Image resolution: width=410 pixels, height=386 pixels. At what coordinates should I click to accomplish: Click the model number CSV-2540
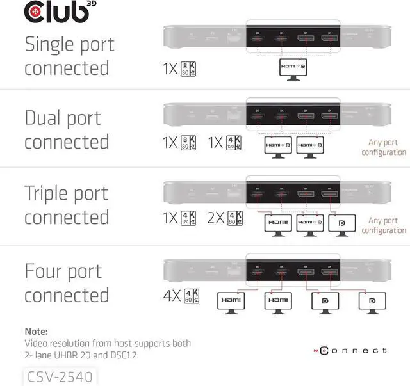point(58,376)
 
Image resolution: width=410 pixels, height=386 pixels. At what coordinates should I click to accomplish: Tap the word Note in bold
point(37,331)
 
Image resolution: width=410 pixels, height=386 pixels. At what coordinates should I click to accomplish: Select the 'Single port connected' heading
point(69,56)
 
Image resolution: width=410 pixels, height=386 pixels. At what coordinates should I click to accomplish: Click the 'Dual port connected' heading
point(67,129)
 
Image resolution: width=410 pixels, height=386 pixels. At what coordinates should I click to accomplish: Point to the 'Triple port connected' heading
point(67,205)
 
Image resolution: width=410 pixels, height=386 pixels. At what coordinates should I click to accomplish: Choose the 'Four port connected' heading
point(67,283)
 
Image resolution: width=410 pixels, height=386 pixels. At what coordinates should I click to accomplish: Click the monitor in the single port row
point(293,68)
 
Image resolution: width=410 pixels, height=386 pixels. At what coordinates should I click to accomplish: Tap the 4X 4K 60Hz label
point(182,295)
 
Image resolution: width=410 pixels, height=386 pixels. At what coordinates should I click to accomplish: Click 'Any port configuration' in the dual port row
point(383,147)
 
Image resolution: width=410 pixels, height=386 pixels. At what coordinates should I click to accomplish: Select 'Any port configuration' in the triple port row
point(383,225)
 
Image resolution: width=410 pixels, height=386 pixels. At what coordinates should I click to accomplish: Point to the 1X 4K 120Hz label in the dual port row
point(225,142)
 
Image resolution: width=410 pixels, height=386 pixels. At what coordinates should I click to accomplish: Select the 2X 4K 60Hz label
point(225,218)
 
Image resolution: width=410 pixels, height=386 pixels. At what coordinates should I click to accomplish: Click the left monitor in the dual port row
point(279,146)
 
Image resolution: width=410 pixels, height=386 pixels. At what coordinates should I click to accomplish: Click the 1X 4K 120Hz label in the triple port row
point(179,218)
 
